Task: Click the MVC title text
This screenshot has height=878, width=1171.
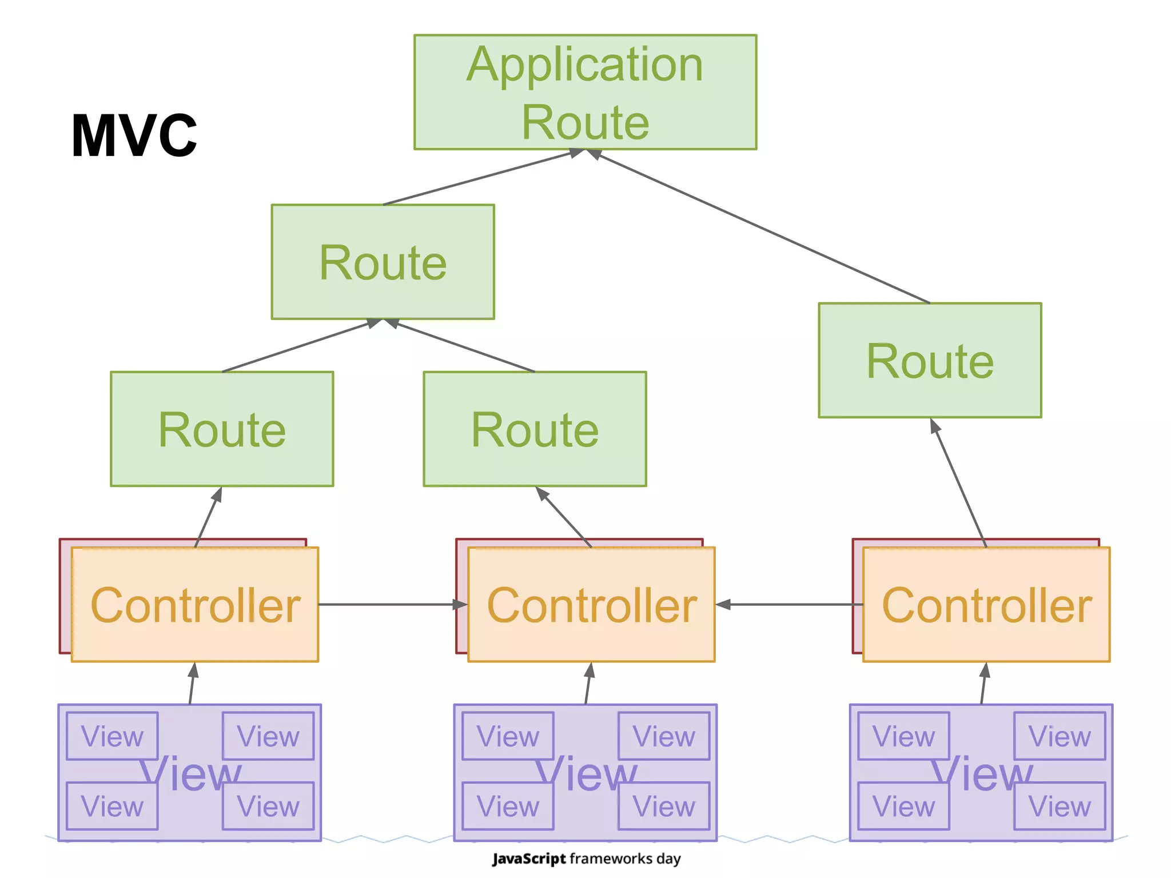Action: click(x=134, y=135)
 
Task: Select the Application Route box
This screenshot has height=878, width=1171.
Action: click(x=585, y=92)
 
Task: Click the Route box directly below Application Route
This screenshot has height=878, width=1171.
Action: click(x=383, y=262)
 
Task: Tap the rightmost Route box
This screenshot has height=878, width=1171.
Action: click(x=930, y=360)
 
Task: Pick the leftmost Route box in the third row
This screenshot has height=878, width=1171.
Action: click(x=222, y=429)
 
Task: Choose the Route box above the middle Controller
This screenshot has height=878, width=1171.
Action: click(x=535, y=429)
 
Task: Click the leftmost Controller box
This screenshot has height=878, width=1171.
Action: click(x=195, y=605)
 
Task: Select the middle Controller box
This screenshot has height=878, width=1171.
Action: click(x=591, y=605)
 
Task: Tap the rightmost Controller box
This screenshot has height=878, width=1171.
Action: click(x=986, y=605)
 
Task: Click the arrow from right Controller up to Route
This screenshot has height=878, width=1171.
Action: click(x=959, y=484)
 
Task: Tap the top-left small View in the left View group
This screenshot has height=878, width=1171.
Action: click(x=112, y=736)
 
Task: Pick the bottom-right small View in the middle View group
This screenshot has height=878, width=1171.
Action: click(x=664, y=806)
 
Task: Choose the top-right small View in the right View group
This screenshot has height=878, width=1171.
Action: click(x=1060, y=736)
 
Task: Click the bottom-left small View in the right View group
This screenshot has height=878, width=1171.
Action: click(x=903, y=806)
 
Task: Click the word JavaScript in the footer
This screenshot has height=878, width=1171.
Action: click(x=529, y=859)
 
